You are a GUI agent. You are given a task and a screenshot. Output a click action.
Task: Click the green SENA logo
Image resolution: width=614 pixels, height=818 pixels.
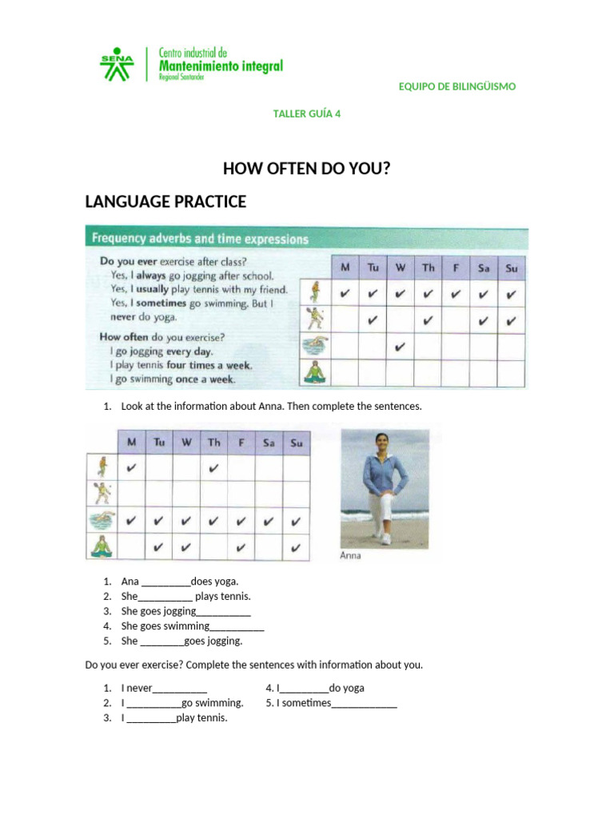click(x=117, y=64)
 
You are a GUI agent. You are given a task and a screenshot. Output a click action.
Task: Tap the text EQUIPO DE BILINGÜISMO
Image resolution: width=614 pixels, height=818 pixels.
click(x=457, y=86)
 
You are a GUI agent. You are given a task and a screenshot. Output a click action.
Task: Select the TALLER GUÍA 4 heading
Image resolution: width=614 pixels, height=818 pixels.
click(x=307, y=113)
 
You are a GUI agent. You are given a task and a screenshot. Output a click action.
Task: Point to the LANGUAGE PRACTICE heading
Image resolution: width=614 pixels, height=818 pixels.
click(x=165, y=202)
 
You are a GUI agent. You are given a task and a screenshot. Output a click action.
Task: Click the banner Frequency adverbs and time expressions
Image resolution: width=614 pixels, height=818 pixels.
click(x=200, y=238)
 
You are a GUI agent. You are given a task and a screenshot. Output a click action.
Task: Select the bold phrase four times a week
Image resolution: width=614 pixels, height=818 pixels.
click(x=209, y=365)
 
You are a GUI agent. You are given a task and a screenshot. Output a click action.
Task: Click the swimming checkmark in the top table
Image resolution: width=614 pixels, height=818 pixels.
click(x=400, y=347)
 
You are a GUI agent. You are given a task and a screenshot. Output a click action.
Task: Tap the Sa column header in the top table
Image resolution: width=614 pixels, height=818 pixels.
click(x=484, y=268)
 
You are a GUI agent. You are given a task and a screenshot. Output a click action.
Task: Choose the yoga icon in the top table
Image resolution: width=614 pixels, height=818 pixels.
click(x=313, y=373)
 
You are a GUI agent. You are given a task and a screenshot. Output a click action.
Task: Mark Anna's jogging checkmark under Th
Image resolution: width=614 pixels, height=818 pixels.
click(x=213, y=468)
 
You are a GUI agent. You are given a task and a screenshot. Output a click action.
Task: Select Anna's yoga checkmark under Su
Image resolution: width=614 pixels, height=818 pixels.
click(x=296, y=548)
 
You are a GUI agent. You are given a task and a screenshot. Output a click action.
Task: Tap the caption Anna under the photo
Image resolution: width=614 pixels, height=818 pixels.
click(x=351, y=556)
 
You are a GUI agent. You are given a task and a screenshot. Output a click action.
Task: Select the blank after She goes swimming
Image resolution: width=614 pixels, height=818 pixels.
click(x=237, y=627)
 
